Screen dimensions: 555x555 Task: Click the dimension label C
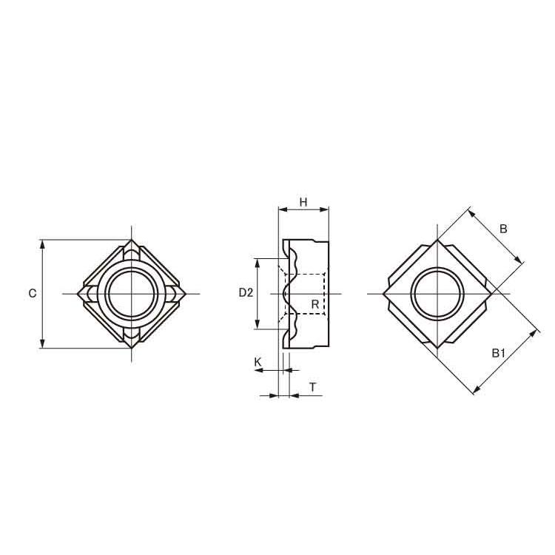(x=33, y=294)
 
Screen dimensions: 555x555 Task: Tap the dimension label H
(x=303, y=202)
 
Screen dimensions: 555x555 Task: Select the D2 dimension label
(x=246, y=293)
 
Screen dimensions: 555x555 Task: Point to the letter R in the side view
(x=314, y=303)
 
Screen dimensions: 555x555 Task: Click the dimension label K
(x=258, y=362)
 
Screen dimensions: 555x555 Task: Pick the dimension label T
(x=313, y=387)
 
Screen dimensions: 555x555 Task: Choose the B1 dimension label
(x=498, y=352)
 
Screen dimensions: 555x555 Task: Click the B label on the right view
(x=503, y=229)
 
